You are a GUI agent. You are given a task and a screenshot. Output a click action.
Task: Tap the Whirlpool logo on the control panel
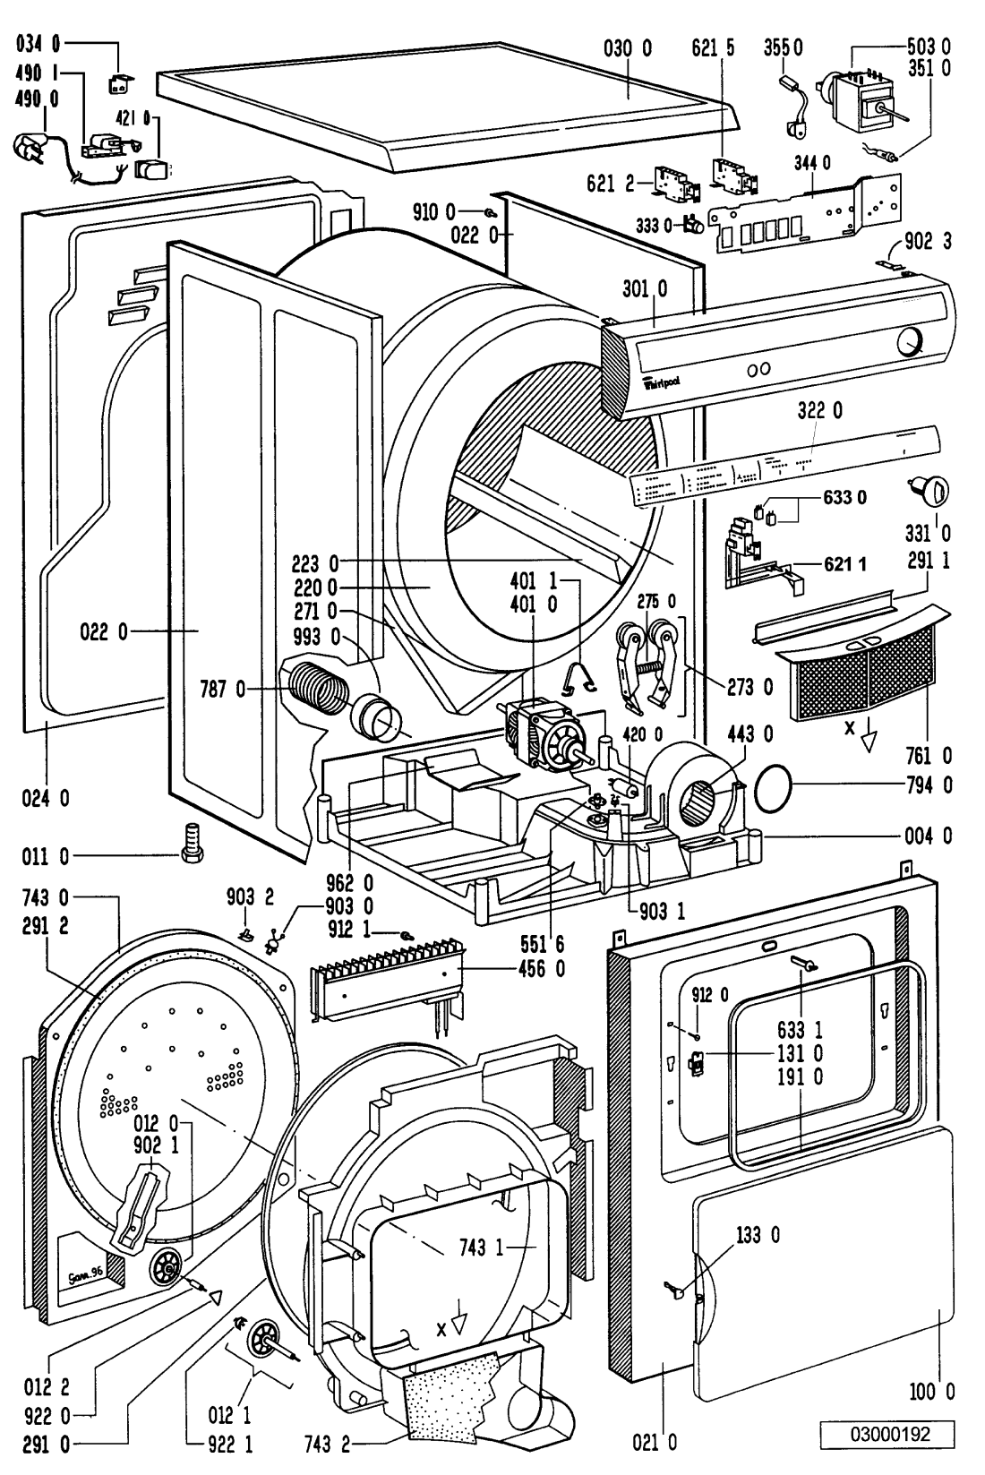pyautogui.click(x=662, y=383)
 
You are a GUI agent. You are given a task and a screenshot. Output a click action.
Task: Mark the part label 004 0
pyautogui.click(x=934, y=836)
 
